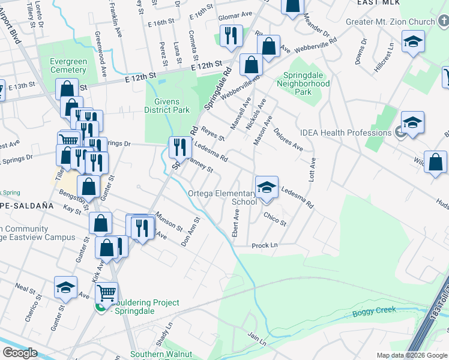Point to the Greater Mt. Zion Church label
point(390,22)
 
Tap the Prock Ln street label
point(265,245)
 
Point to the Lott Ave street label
point(312,171)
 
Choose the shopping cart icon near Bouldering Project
point(106,293)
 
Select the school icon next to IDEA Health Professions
point(412,123)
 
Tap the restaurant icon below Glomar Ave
point(230,35)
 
